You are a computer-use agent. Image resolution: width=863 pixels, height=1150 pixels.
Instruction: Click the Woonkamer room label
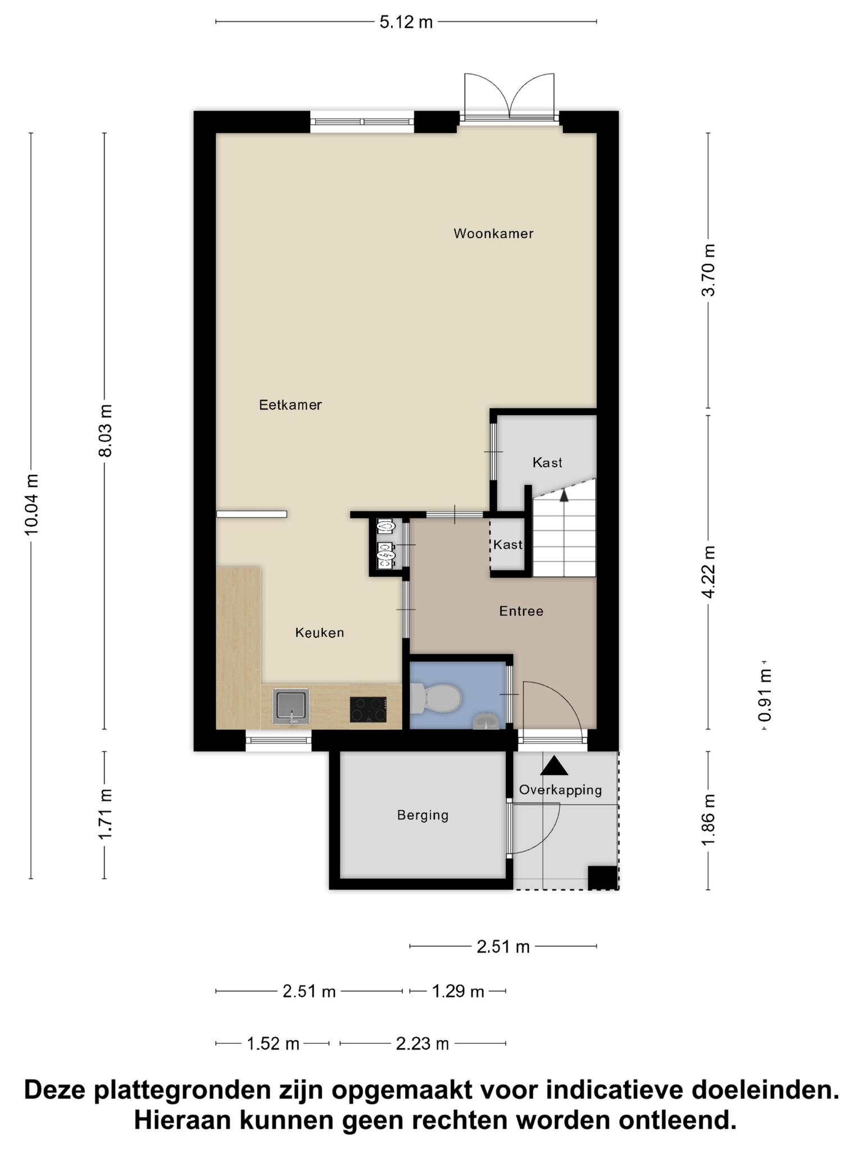pos(493,234)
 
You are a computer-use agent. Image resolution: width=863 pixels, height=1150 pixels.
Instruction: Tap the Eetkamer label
pos(290,405)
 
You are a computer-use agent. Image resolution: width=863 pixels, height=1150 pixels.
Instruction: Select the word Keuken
pos(320,633)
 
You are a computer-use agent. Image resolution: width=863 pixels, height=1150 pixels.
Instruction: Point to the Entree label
pos(521,611)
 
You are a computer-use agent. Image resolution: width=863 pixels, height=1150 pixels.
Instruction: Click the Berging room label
pos(423,815)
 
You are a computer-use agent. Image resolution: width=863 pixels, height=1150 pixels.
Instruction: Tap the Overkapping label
pos(560,791)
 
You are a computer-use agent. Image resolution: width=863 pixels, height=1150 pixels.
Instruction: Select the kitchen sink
pos(291,706)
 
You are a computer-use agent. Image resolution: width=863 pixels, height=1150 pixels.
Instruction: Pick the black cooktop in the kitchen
pos(368,709)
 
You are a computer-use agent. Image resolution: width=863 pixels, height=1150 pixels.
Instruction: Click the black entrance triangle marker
pos(555,766)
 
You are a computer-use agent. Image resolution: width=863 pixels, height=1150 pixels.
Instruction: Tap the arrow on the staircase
pos(564,495)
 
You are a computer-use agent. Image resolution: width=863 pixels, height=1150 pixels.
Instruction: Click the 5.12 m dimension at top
pos(406,22)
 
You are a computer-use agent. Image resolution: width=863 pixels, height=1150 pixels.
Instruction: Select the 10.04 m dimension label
pos(31,504)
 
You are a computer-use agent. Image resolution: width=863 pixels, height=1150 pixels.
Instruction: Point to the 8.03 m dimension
pos(105,431)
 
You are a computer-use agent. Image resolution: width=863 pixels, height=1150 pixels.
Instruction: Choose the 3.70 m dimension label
pos(708,270)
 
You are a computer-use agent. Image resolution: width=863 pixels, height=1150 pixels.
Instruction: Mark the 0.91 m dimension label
pos(765,695)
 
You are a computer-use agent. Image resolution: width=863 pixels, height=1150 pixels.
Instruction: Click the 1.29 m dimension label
pos(458,991)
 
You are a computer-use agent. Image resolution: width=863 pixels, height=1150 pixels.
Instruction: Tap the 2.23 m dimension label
pos(423,1044)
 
